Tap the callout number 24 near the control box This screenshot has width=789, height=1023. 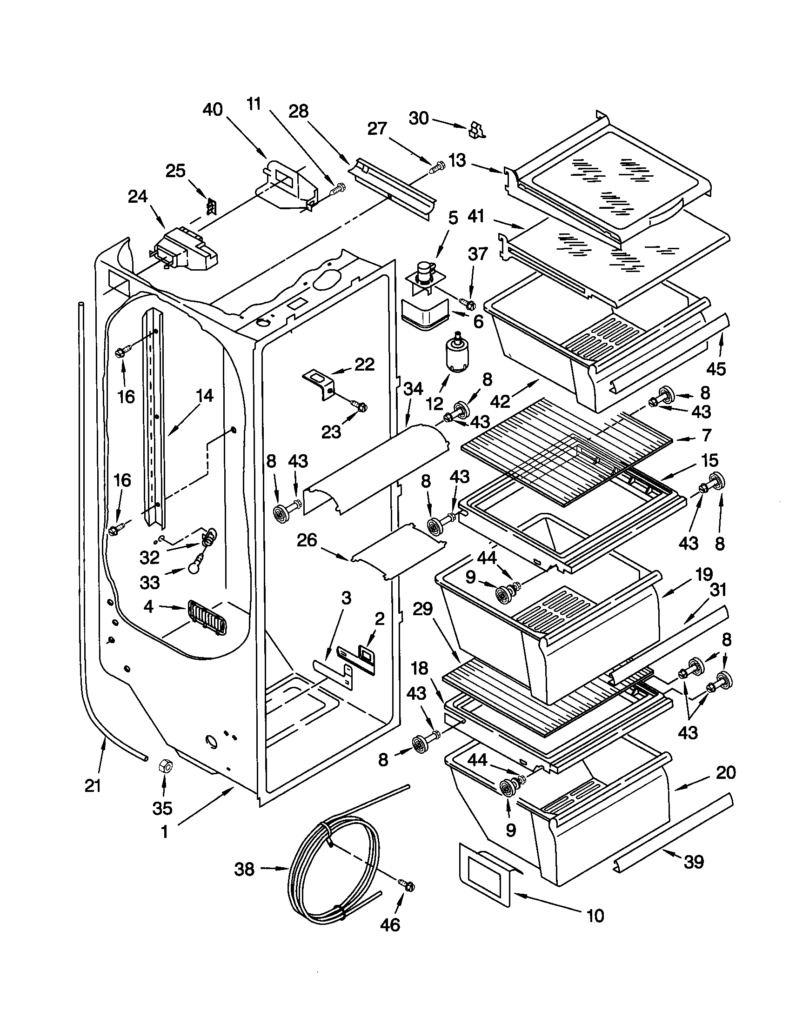pyautogui.click(x=138, y=197)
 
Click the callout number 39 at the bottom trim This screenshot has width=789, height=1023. pyautogui.click(x=694, y=861)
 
